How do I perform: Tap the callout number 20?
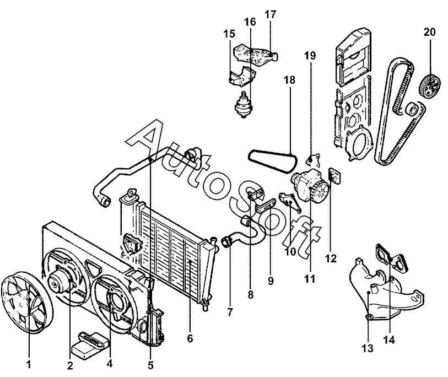tap(429, 32)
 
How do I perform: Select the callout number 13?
tap(367, 348)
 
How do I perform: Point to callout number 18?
tap(290, 80)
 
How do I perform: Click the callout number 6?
tap(190, 338)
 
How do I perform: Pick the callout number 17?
tap(270, 13)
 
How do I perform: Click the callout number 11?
tap(310, 279)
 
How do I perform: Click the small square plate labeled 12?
tap(334, 175)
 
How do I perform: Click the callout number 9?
tap(271, 281)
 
